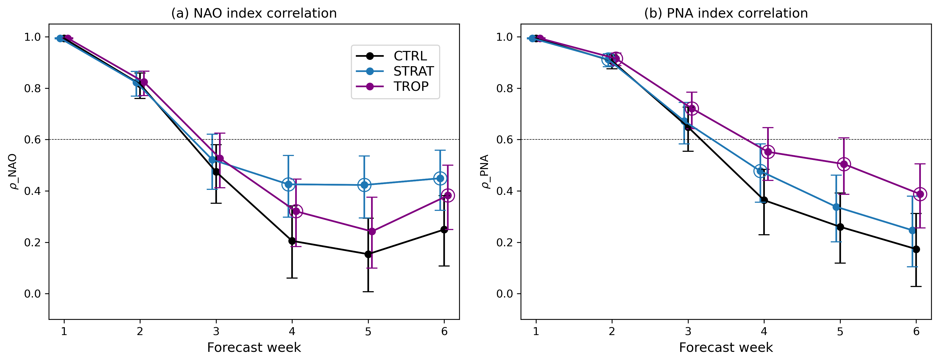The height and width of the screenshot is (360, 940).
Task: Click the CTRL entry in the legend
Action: [410, 56]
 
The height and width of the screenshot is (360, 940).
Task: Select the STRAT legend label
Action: [413, 71]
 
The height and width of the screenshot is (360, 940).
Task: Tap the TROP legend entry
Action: [411, 86]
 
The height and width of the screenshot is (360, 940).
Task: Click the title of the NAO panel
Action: [254, 13]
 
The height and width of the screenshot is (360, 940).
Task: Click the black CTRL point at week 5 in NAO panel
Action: [368, 254]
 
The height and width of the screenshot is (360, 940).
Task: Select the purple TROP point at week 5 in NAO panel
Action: [372, 231]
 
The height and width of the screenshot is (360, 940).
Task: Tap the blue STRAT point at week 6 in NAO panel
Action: [440, 178]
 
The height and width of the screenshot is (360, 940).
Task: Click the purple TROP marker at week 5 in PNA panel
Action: [844, 164]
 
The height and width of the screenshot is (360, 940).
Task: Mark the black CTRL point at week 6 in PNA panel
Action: [916, 249]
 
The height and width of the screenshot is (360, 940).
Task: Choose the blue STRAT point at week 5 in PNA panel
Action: [836, 207]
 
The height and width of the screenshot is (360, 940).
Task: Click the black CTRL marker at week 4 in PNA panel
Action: [764, 200]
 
